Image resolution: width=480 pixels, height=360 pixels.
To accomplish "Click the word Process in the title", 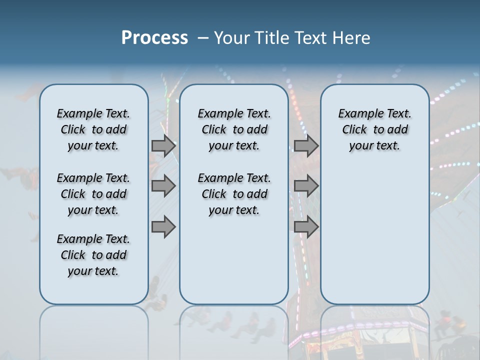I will pyautogui.click(x=154, y=37).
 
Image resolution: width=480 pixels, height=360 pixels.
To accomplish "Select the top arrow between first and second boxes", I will pyautogui.click(x=163, y=145).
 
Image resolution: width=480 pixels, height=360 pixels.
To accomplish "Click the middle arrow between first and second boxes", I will pyautogui.click(x=163, y=186).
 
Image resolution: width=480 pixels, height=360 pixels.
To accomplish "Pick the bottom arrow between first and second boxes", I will pyautogui.click(x=163, y=227).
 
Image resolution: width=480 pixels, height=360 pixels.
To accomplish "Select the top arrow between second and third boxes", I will pyautogui.click(x=306, y=145).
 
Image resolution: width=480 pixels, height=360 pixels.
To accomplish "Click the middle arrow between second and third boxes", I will pyautogui.click(x=306, y=186).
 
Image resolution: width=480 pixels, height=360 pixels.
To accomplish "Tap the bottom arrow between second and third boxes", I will pyautogui.click(x=306, y=227).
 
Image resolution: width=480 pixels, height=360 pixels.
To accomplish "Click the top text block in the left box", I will pyautogui.click(x=93, y=129).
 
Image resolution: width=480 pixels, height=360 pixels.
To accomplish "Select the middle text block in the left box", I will pyautogui.click(x=93, y=194).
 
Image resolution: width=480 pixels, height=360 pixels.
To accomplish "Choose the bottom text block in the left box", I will pyautogui.click(x=93, y=255).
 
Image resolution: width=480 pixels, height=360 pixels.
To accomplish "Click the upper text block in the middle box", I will pyautogui.click(x=234, y=129).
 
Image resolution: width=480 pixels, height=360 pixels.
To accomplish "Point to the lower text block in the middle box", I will pyautogui.click(x=234, y=194).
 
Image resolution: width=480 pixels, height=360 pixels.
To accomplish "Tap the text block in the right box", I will pyautogui.click(x=374, y=129).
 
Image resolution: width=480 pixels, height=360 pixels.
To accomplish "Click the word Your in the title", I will pyautogui.click(x=231, y=37).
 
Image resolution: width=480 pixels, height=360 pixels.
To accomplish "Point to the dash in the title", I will pyautogui.click(x=203, y=37).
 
